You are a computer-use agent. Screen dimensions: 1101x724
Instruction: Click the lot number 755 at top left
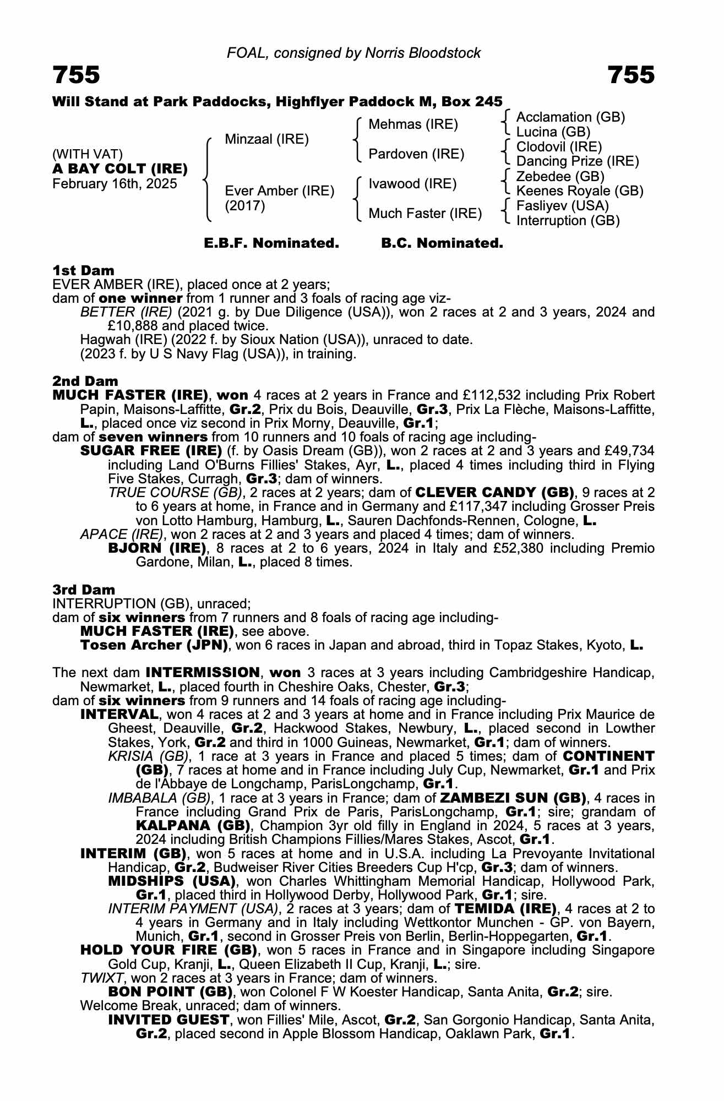click(77, 75)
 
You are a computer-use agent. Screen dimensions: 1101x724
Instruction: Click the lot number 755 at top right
click(631, 75)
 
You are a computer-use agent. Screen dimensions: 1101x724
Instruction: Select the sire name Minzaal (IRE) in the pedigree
click(266, 139)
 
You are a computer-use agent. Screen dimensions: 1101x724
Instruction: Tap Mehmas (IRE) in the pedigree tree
click(413, 124)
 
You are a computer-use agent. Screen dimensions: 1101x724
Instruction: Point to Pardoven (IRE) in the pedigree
click(416, 154)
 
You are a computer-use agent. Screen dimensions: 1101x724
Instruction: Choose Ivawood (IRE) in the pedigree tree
click(412, 184)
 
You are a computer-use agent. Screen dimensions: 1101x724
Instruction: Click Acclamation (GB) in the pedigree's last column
click(570, 117)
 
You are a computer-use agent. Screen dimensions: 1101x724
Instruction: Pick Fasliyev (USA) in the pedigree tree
click(562, 206)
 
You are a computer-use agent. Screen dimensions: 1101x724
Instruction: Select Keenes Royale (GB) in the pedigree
click(579, 191)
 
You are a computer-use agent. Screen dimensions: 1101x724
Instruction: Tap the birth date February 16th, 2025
click(115, 184)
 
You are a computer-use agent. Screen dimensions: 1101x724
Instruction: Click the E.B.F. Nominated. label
click(271, 243)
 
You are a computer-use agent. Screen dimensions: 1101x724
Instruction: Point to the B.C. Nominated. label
click(442, 243)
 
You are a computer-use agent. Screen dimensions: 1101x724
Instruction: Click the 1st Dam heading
click(83, 270)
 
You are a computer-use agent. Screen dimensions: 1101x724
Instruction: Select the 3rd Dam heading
click(84, 590)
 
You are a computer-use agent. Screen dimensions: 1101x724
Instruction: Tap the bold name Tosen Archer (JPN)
click(154, 645)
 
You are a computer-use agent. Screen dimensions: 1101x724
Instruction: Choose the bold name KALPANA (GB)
click(193, 826)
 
